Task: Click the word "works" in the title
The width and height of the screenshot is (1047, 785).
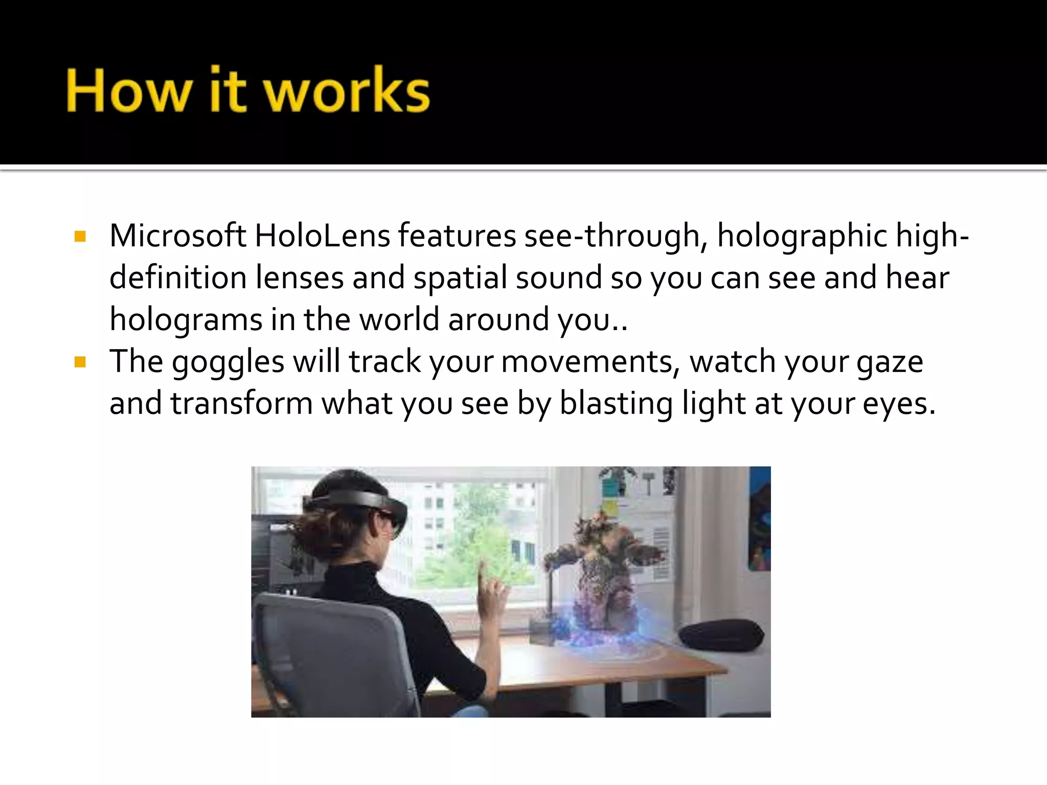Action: coord(347,91)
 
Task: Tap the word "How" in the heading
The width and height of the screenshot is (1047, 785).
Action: coord(127,91)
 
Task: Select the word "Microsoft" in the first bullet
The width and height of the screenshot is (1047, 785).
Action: coord(177,236)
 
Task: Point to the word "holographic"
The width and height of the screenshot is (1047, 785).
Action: coord(802,237)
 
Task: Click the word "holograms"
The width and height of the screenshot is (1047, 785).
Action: coord(186,321)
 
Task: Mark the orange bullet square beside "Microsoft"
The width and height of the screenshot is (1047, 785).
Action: coord(80,236)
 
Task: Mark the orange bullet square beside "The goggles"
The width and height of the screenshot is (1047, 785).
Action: coord(80,362)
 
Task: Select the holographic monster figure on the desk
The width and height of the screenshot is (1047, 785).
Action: coord(603,572)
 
